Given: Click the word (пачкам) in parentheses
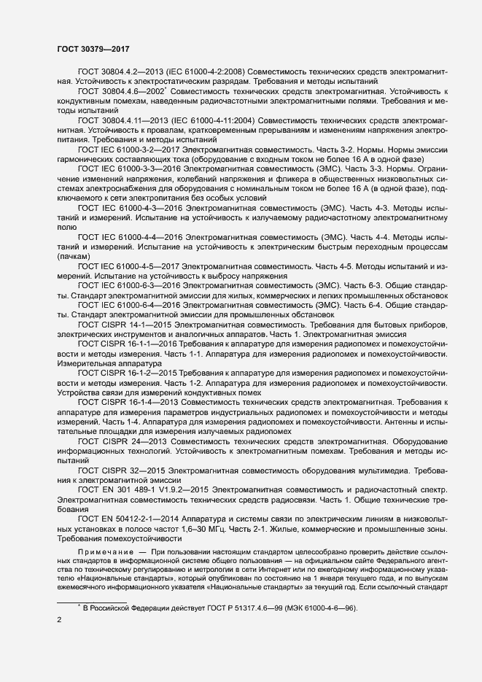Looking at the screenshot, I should pyautogui.click(x=71, y=256).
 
